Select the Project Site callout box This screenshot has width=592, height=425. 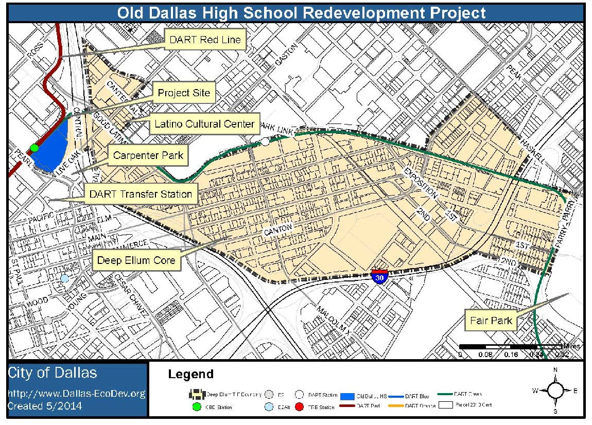pyautogui.click(x=184, y=93)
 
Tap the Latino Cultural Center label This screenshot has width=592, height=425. pyautogui.click(x=204, y=124)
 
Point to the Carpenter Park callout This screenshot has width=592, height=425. pyautogui.click(x=148, y=155)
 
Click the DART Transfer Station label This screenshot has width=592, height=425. pyautogui.click(x=141, y=194)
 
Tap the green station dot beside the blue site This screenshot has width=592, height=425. pyautogui.click(x=34, y=148)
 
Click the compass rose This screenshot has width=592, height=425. pyautogui.click(x=555, y=391)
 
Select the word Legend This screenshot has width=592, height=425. pyautogui.click(x=190, y=374)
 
